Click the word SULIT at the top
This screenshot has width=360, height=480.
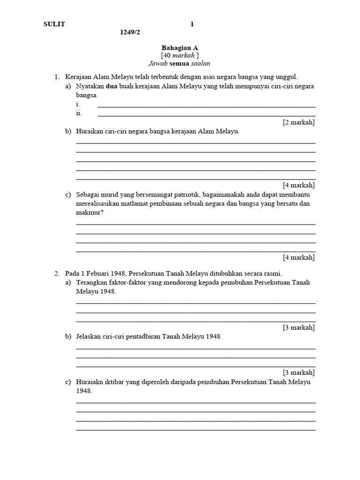click(55, 24)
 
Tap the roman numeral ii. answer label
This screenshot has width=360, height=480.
click(79, 113)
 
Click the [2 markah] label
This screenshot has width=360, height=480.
click(299, 122)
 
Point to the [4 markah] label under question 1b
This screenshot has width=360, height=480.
click(299, 185)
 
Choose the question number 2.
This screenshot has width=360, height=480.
click(57, 273)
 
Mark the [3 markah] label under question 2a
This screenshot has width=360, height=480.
click(299, 327)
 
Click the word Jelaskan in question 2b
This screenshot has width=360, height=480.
click(90, 337)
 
